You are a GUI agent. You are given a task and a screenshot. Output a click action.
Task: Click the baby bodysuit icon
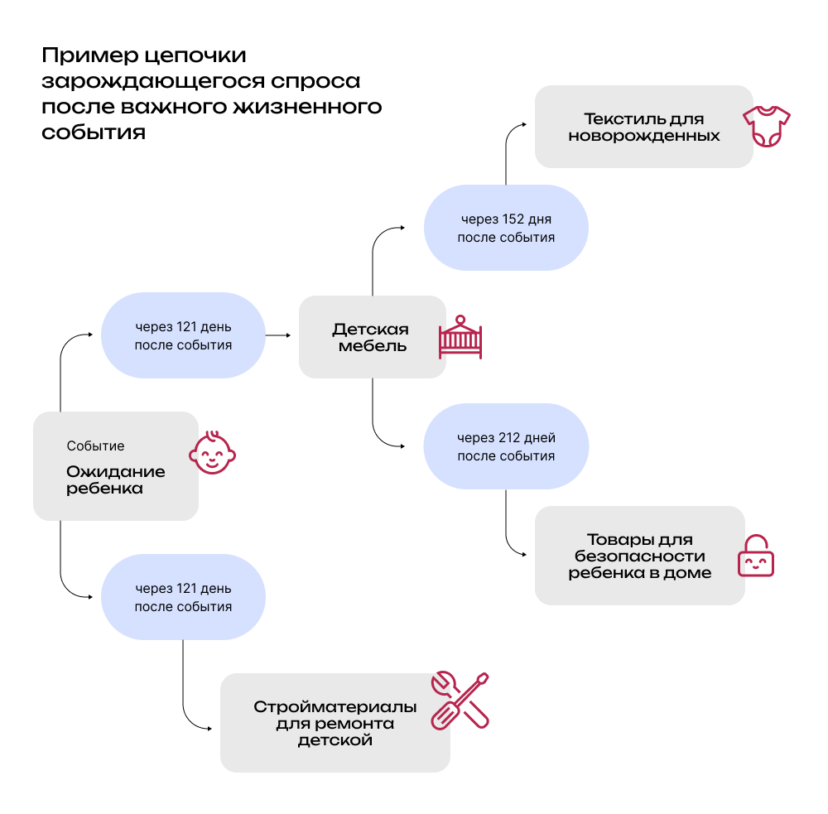pos(767,127)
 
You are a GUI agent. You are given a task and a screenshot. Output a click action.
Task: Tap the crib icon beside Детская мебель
pos(460,337)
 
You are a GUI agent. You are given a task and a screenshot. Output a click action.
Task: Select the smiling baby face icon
pos(212,453)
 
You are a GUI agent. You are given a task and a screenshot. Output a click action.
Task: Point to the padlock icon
pos(755,556)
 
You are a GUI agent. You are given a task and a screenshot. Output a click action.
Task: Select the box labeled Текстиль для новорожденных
pos(643,127)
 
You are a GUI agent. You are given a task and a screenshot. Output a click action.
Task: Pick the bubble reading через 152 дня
pos(506,228)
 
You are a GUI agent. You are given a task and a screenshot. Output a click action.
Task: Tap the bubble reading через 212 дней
pos(506,446)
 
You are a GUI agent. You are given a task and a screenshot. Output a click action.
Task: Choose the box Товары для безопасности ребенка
pos(639,556)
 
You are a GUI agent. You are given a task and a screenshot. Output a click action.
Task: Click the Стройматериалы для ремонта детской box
pos(335,723)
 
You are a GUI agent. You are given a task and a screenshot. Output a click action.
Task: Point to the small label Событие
pos(95,446)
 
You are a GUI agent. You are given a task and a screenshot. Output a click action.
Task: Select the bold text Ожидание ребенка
pos(104,480)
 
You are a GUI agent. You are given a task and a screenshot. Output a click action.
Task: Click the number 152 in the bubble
pos(511,219)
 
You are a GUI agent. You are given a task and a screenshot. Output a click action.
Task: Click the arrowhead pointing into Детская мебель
pos(288,335)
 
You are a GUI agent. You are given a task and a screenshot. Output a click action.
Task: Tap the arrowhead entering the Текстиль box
pos(523,126)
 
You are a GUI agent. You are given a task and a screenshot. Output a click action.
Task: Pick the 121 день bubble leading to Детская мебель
pos(183,335)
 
